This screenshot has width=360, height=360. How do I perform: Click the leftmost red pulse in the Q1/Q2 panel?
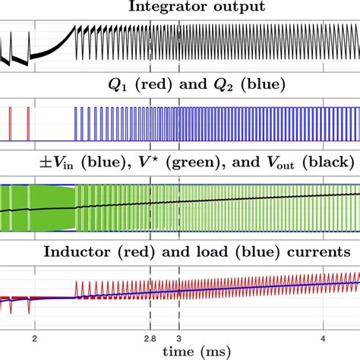click(x=11, y=124)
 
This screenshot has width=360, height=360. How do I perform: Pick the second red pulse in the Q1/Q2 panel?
click(x=27, y=124)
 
